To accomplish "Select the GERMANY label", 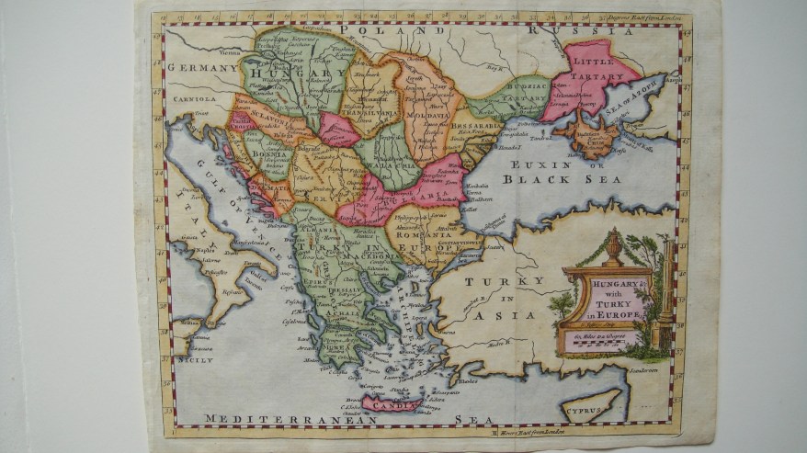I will tap(203, 68).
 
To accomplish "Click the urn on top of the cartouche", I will tap(614, 247).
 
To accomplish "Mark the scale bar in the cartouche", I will tap(602, 345).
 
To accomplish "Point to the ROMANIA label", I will tap(422, 233).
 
